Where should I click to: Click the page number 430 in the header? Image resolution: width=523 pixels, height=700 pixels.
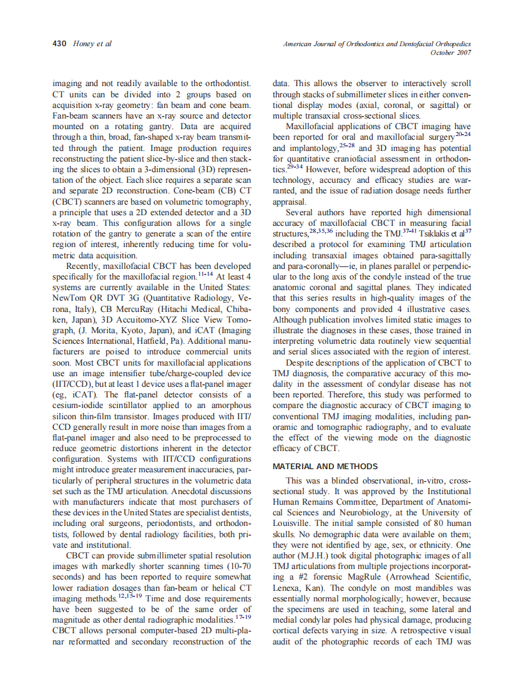(x=60, y=44)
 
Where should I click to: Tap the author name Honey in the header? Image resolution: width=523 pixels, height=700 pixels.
(x=85, y=44)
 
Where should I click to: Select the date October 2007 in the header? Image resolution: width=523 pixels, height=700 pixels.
(x=451, y=53)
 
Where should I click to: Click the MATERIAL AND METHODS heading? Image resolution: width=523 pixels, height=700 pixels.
(x=325, y=466)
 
